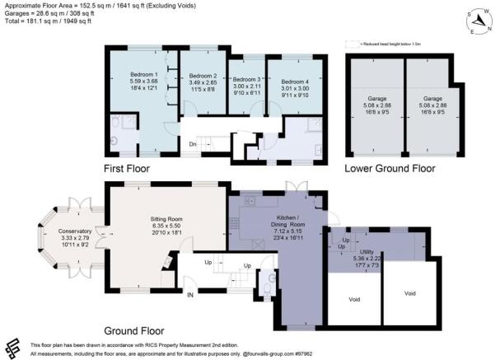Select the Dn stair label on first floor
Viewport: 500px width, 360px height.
pos(192,143)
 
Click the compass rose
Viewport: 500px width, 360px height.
pos(476,20)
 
